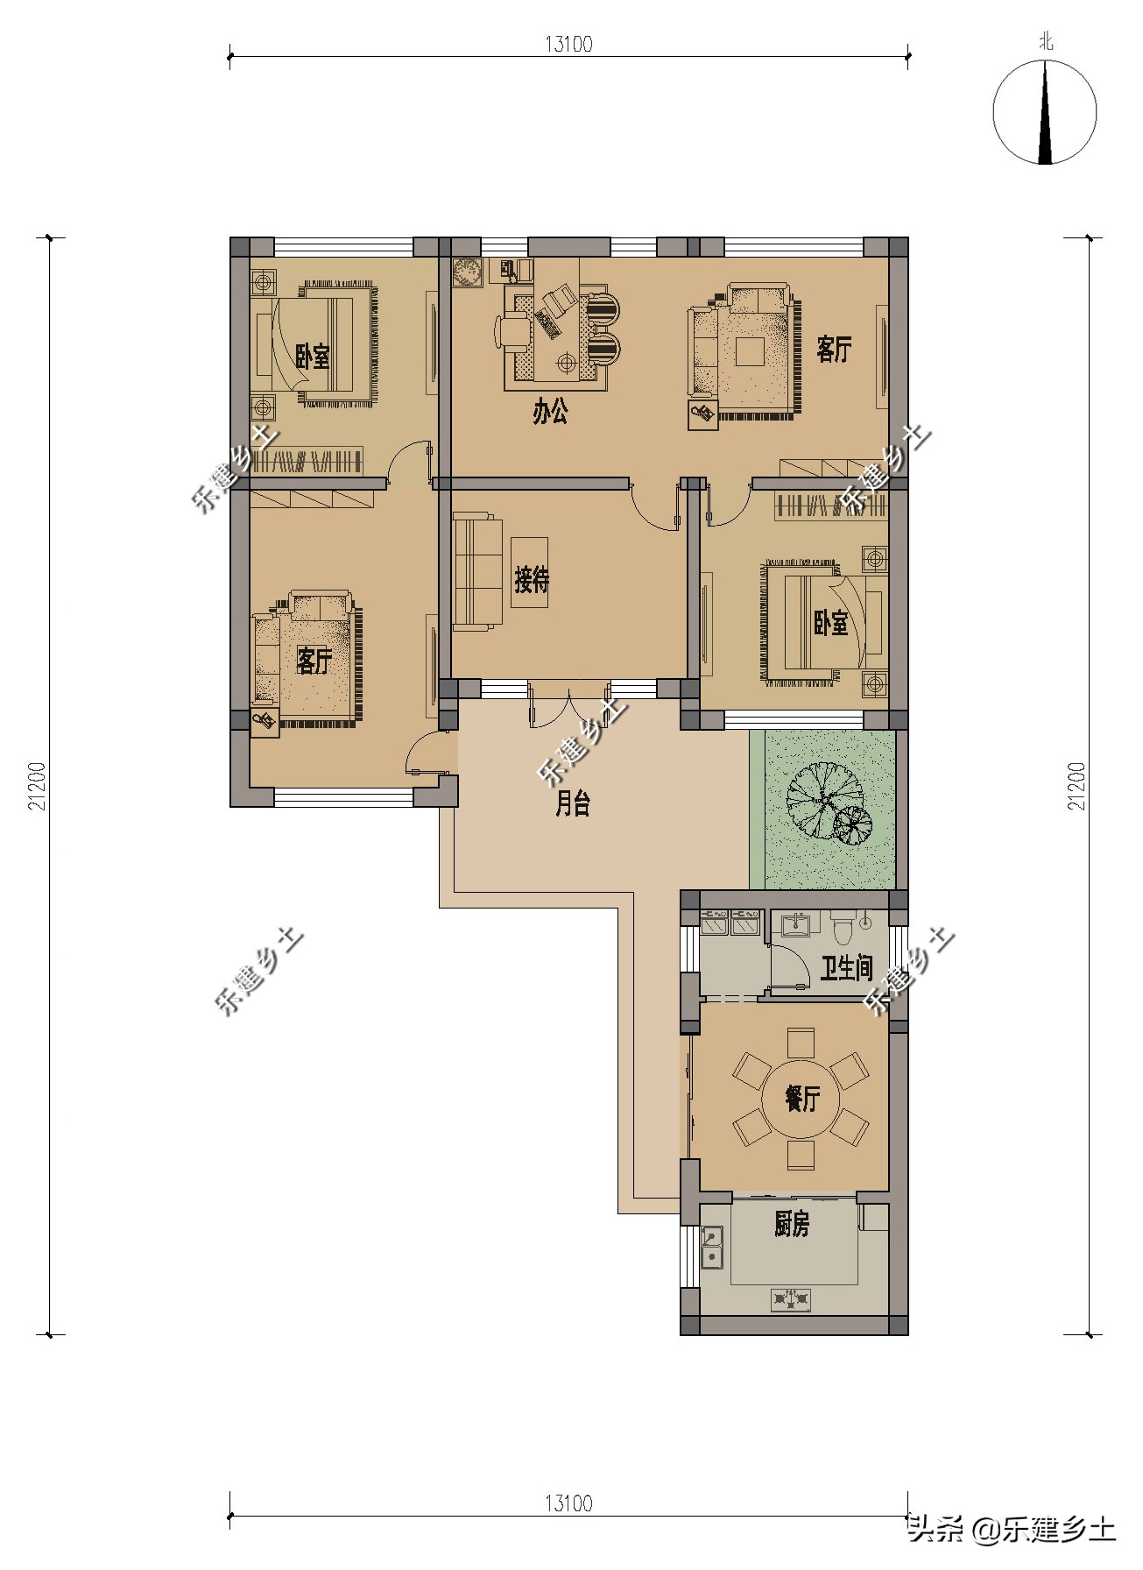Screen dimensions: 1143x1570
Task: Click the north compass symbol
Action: pyautogui.click(x=1044, y=112)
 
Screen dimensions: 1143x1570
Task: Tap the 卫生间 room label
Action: pyautogui.click(x=846, y=967)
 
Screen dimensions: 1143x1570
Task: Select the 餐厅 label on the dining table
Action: pyautogui.click(x=801, y=1098)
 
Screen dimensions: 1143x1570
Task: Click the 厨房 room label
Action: pyautogui.click(x=791, y=1224)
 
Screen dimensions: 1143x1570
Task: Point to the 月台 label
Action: pyautogui.click(x=573, y=803)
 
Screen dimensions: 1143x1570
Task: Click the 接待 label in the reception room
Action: pyautogui.click(x=531, y=579)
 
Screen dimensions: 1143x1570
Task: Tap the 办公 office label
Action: pyautogui.click(x=550, y=412)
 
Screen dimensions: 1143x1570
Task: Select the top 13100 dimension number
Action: pyautogui.click(x=568, y=44)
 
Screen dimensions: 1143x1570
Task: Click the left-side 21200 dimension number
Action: pyautogui.click(x=38, y=785)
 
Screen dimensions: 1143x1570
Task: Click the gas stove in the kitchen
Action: pyautogui.click(x=792, y=1300)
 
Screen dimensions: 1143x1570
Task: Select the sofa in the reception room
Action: pyautogui.click(x=477, y=574)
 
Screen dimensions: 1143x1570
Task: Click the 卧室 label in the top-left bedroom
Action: pyautogui.click(x=312, y=356)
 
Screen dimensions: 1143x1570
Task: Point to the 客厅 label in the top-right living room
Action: pyautogui.click(x=833, y=349)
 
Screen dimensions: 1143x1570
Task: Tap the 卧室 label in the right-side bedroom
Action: pyautogui.click(x=830, y=623)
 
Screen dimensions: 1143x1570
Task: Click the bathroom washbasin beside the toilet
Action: pyautogui.click(x=799, y=924)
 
